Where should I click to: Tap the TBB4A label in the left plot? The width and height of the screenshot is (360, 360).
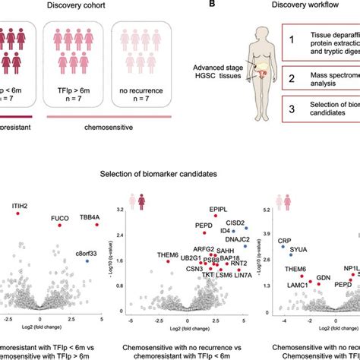click(x=90, y=217)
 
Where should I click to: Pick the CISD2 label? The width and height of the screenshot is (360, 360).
click(x=235, y=223)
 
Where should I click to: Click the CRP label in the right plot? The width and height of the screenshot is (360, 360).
click(x=283, y=242)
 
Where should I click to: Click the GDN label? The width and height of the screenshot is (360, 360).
click(x=323, y=278)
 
